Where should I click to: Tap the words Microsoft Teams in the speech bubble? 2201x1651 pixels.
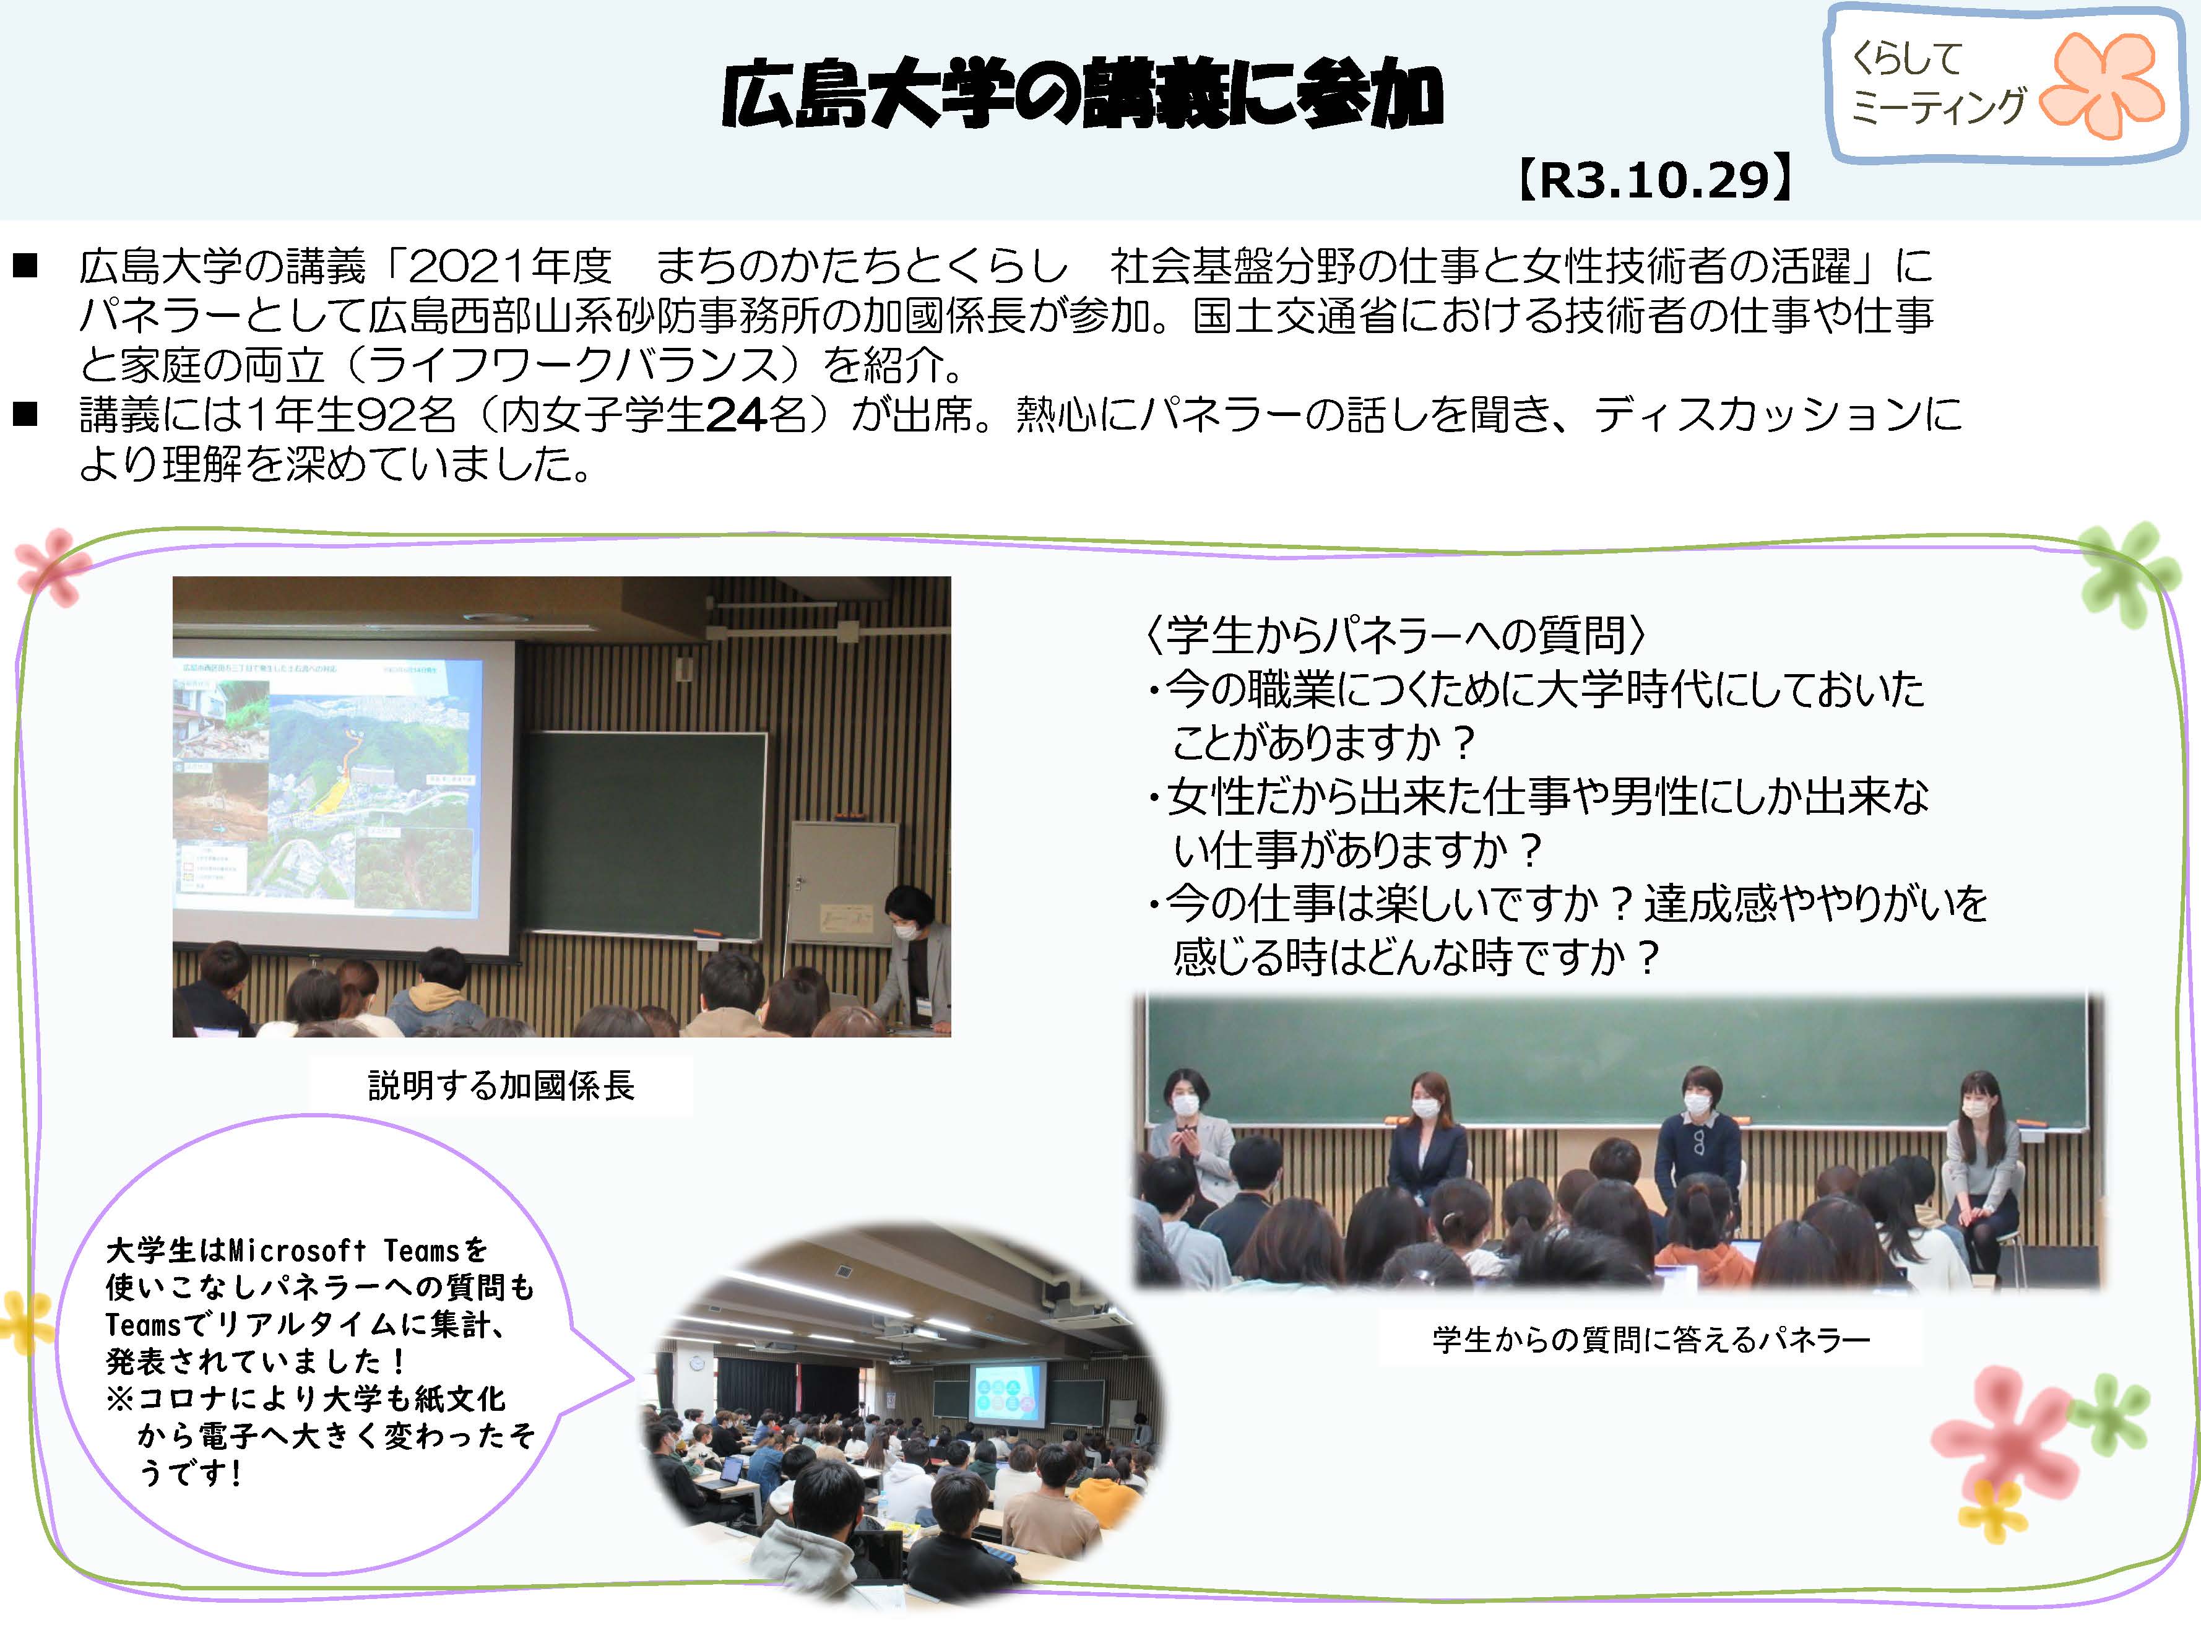tap(344, 1250)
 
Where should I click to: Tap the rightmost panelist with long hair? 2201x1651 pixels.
tap(1983, 1155)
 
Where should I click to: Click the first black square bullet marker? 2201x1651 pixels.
tap(25, 266)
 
